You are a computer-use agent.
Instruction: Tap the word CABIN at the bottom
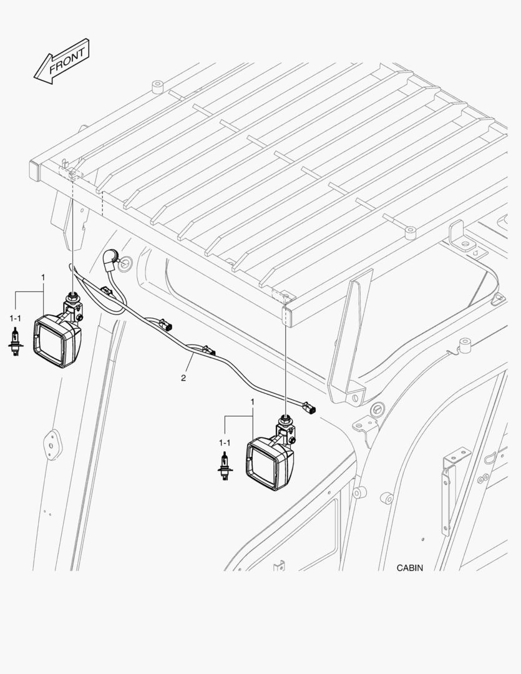(409, 568)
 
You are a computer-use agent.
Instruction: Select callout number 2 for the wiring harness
(183, 377)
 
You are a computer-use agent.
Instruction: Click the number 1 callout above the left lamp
(42, 276)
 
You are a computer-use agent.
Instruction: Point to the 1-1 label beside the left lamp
(15, 318)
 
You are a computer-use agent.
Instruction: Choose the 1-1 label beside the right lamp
(224, 442)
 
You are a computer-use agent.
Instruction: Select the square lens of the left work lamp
(52, 341)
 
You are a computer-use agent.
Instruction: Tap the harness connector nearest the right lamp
(308, 408)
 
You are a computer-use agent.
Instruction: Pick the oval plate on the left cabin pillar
(49, 444)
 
